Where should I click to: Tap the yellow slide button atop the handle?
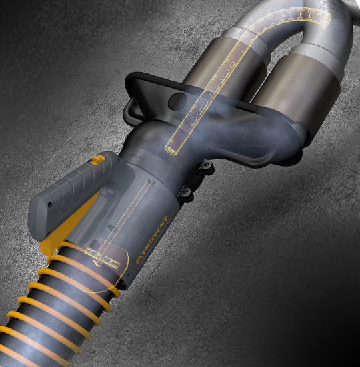99,159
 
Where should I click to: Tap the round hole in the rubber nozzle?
179,102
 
